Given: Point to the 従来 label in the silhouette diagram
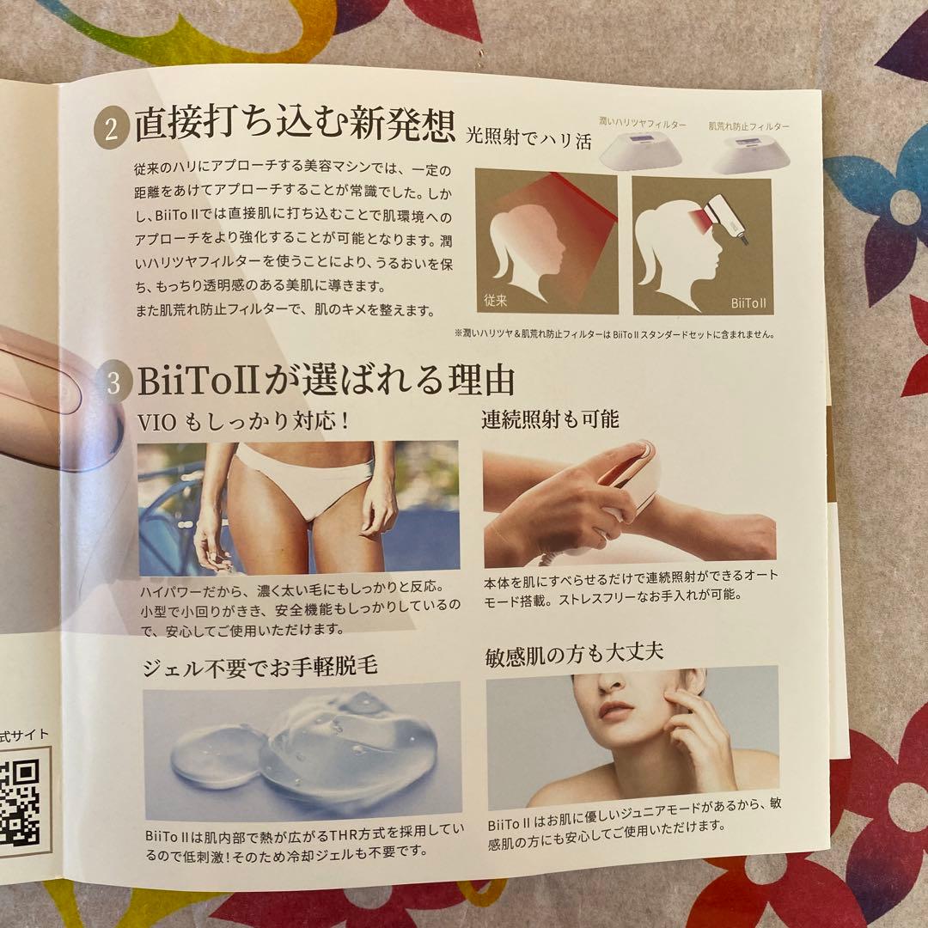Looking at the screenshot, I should coord(496,301).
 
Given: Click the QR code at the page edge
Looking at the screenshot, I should coord(21,795).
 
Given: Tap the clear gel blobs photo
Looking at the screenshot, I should coord(301,749).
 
